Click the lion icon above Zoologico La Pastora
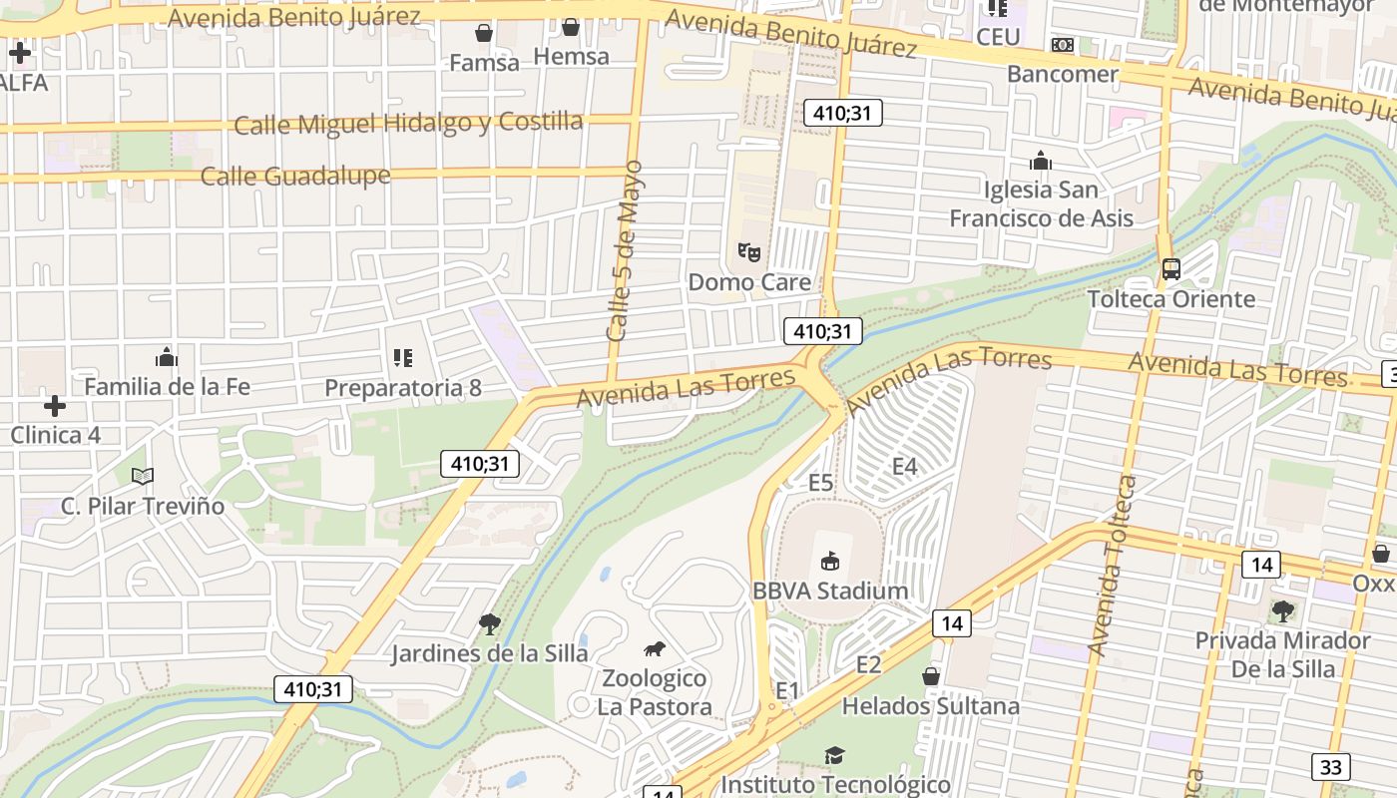coord(655,649)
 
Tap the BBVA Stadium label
coord(830,591)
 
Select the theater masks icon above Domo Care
coord(748,252)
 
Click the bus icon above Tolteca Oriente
coord(1171,269)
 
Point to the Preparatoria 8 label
coord(403,387)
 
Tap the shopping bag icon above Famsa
coord(484,33)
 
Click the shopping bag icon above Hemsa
coord(571,27)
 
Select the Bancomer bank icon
coord(1063,45)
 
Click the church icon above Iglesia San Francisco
coord(1041,161)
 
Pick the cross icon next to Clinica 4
coord(55,406)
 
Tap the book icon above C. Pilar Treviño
coord(143,476)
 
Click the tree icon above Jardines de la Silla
coord(489,624)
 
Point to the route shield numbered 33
coord(1331,766)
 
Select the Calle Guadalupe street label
coord(295,177)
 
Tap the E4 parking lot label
coord(904,466)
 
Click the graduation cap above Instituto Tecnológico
coord(834,755)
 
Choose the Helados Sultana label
coord(931,706)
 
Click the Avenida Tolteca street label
coord(1114,565)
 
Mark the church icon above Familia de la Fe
coord(167,356)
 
